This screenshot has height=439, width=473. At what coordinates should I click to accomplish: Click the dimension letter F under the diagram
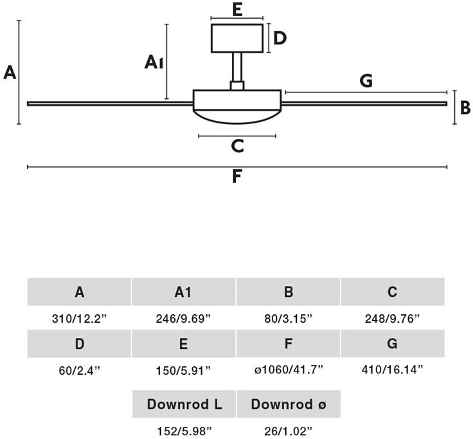237,176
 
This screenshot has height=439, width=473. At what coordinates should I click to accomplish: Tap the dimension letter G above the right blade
366,80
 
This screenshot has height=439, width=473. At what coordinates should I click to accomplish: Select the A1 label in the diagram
154,62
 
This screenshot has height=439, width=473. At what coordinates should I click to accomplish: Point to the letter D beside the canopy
280,39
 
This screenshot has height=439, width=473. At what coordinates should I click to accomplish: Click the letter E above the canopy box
237,10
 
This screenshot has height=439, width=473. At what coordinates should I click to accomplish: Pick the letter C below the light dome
237,146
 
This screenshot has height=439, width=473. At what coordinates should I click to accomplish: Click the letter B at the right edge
465,108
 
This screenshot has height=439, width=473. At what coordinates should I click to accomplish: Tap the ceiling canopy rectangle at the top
237,39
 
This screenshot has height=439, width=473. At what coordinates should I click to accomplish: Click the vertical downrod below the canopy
237,67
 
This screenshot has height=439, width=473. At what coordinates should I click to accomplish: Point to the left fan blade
110,103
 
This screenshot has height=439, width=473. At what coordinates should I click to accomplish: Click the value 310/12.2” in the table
79,318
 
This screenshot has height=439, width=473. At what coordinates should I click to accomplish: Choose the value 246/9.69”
183,318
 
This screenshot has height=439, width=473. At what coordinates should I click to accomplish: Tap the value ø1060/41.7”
289,369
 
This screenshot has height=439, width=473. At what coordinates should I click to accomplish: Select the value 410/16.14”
393,369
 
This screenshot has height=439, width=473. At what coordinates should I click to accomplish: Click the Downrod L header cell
184,404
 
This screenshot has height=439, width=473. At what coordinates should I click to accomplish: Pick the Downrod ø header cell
289,404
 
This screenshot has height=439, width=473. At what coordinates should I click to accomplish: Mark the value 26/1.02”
289,431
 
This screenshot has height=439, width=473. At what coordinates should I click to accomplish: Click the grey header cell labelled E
183,344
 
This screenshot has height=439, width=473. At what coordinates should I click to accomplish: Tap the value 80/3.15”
289,318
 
